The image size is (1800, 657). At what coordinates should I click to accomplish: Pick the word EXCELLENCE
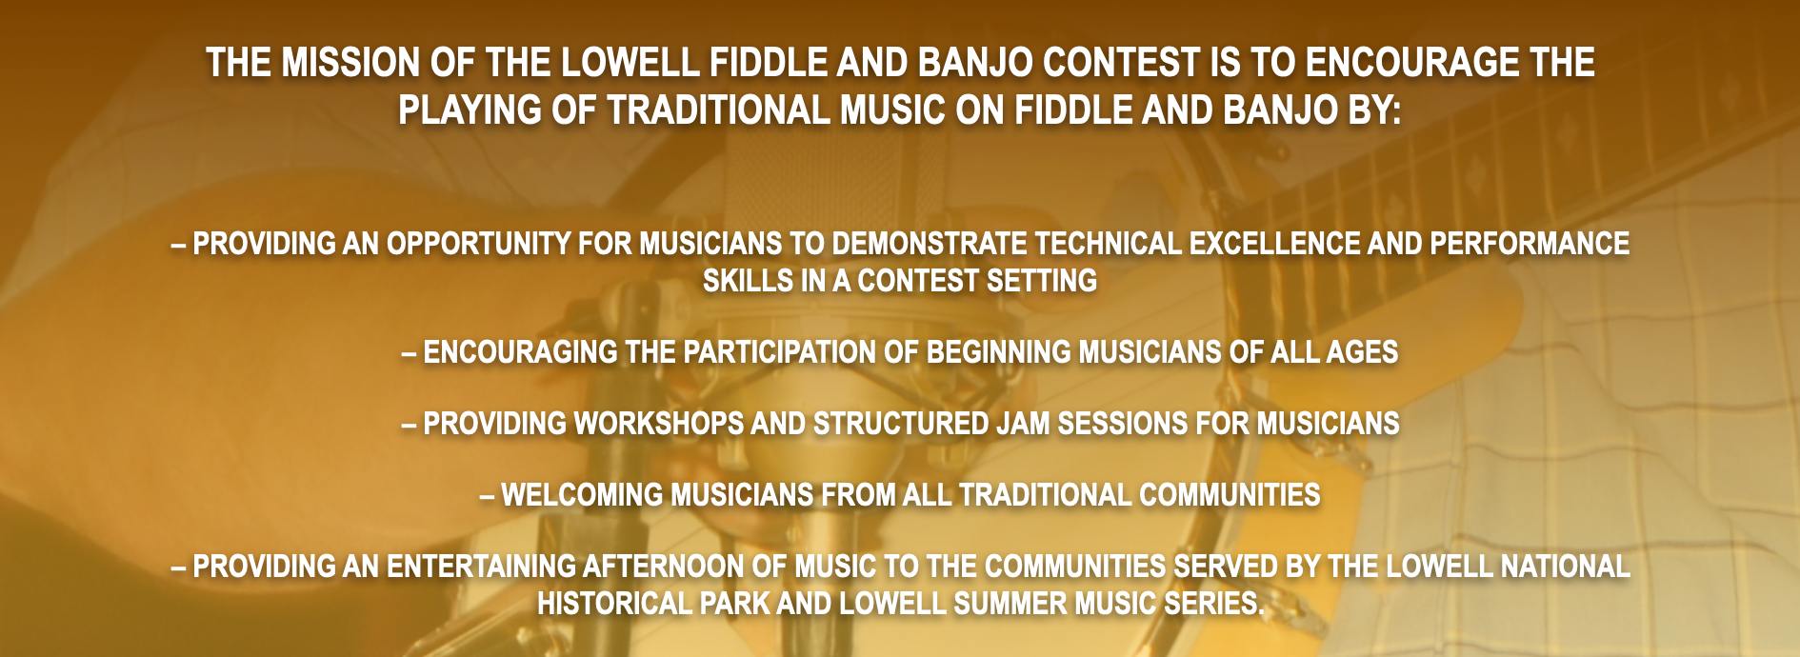(x=1274, y=244)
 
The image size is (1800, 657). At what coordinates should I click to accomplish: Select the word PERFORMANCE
(x=1530, y=244)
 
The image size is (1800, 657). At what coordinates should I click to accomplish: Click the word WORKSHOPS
(x=658, y=424)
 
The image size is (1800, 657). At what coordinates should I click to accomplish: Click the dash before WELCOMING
(x=487, y=496)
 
